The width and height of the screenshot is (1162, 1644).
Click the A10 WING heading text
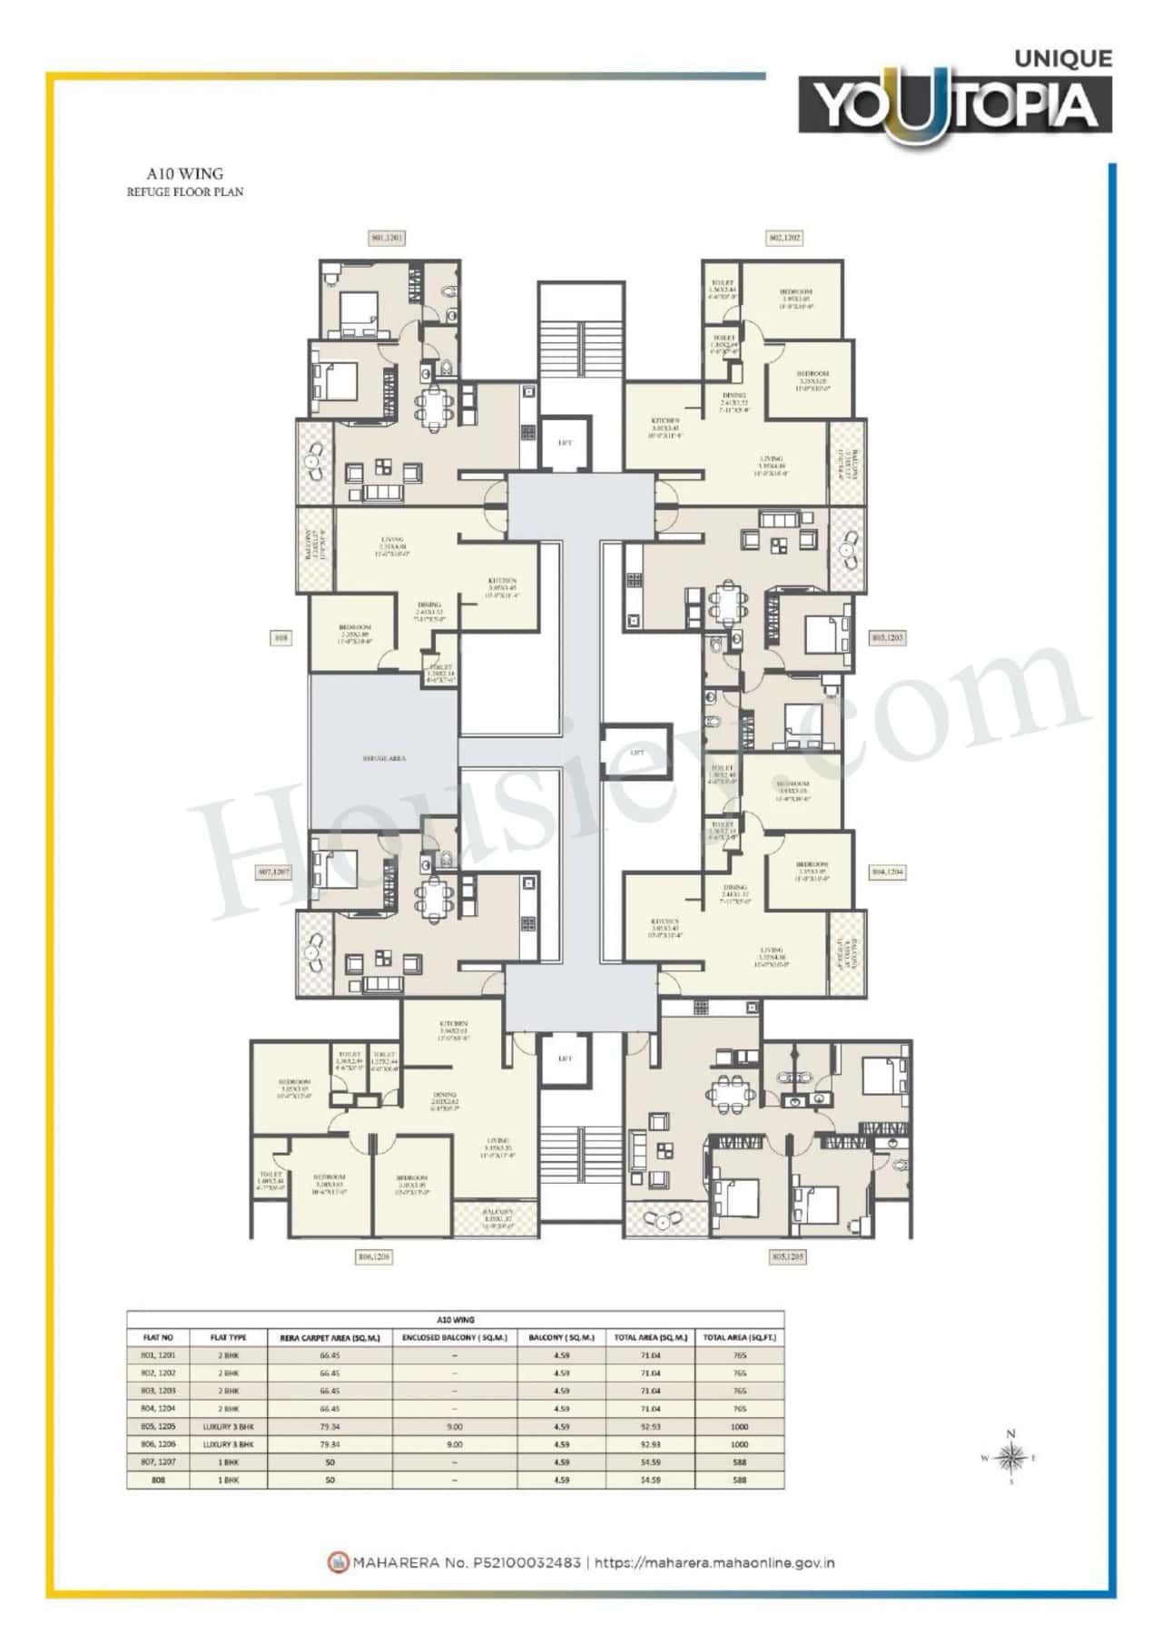click(x=185, y=172)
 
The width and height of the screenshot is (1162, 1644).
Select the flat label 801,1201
click(x=386, y=238)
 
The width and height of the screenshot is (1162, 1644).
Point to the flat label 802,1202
click(x=785, y=238)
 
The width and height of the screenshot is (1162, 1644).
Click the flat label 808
click(x=281, y=638)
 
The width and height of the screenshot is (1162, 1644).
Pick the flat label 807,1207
click(x=274, y=871)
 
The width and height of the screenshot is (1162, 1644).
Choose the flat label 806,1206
click(x=373, y=1257)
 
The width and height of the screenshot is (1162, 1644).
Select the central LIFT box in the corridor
click(x=636, y=753)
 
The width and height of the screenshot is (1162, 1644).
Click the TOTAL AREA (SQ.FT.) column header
click(x=738, y=1337)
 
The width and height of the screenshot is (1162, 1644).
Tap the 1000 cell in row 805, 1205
click(x=738, y=1426)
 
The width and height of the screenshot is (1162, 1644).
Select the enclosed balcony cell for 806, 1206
click(x=454, y=1444)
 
